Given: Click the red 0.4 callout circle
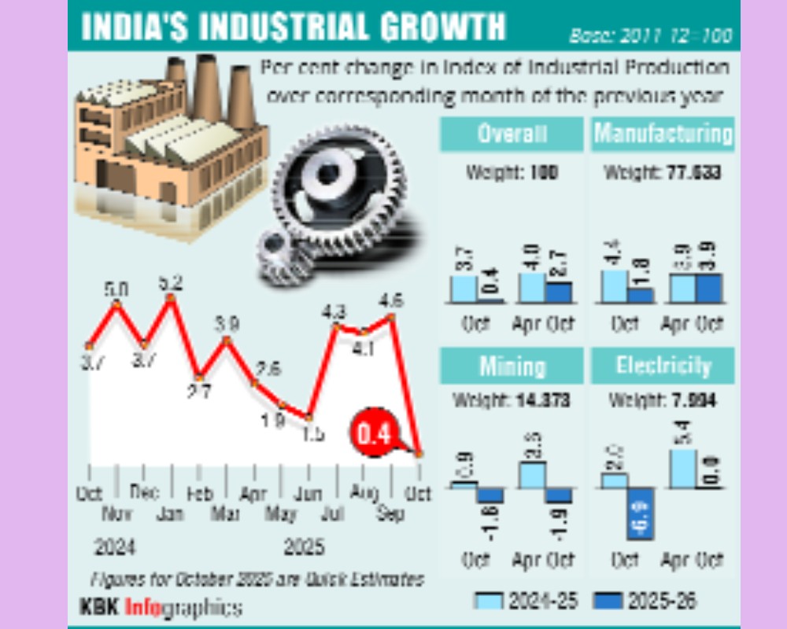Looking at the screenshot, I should coord(375,434).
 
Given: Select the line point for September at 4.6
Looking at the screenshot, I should coord(391,318).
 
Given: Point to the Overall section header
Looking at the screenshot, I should coord(512,134).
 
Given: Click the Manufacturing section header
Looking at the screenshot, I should coord(663,134).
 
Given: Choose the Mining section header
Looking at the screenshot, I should coord(512,366).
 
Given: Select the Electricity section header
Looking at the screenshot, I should coord(663,366).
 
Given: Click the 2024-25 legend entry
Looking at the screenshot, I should coord(527,601).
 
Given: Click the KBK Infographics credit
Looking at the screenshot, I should coord(160,607).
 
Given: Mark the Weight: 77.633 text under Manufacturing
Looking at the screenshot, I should coord(663,172).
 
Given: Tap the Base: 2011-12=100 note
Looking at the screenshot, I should coord(650,36).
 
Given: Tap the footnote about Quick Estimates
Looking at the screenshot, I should coord(257,579).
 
